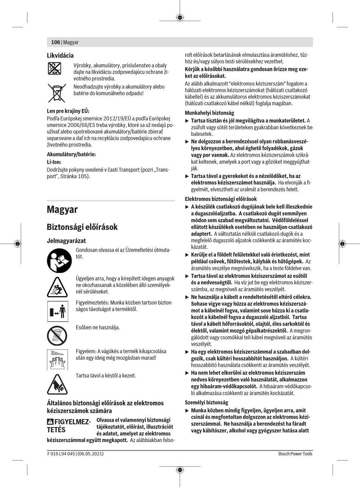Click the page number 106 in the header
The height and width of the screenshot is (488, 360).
(55, 42)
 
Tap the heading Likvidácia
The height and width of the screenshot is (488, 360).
(60, 55)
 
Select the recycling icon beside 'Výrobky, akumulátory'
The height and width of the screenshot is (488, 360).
(57, 68)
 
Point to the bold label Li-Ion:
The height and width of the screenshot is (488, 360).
(54, 162)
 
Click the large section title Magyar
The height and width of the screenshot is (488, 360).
(62, 209)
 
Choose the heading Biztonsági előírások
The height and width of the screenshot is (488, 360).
(82, 227)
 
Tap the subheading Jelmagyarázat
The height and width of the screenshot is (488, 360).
(66, 241)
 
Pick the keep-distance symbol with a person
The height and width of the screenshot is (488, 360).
(57, 311)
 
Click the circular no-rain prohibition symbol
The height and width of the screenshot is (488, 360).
(57, 335)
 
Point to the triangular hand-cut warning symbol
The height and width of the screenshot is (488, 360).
(57, 384)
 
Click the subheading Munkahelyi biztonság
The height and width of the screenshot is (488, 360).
(209, 113)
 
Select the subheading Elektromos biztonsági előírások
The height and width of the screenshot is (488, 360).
(221, 199)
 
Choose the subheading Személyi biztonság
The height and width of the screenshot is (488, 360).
(206, 402)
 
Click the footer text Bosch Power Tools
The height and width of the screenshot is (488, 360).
(295, 454)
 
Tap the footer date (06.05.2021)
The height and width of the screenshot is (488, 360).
(91, 454)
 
